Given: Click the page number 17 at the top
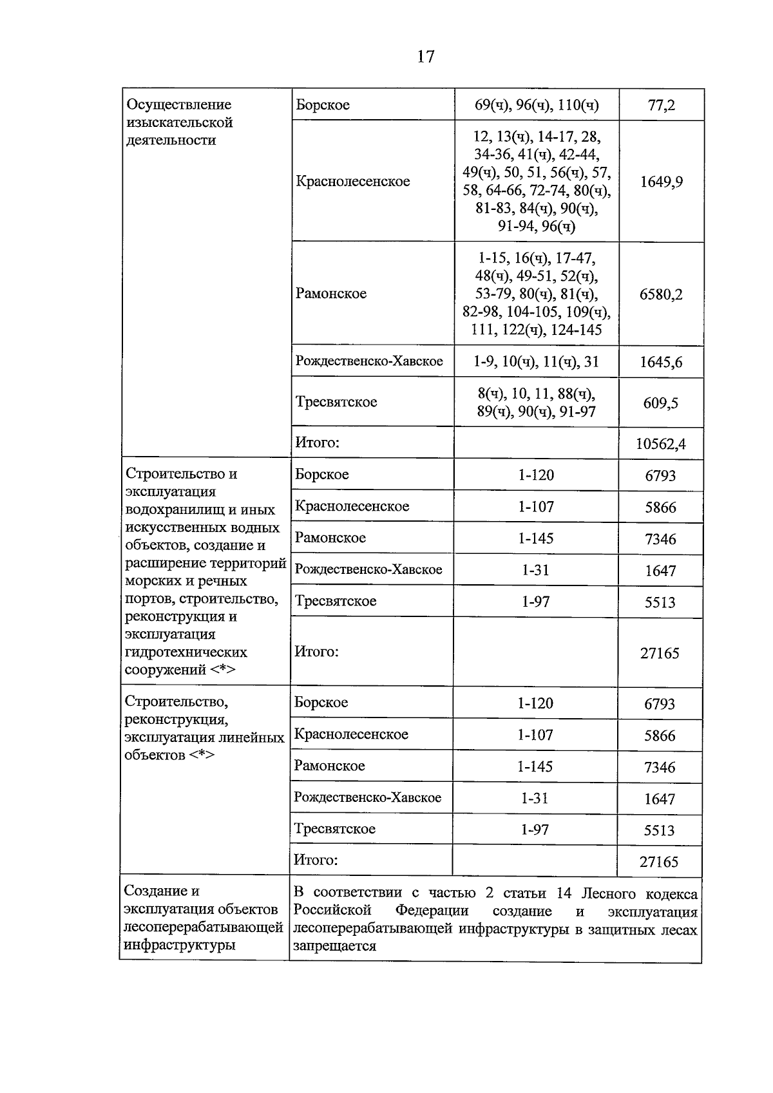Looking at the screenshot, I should (426, 57).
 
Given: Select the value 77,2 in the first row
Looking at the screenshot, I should (661, 105).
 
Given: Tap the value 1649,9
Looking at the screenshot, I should (661, 182).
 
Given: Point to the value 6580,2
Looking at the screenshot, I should (661, 294).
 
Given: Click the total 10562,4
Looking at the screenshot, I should (661, 444).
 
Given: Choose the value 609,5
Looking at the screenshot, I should (661, 403).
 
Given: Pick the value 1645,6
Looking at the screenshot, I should (661, 363).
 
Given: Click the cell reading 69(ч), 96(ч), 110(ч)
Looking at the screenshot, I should (537, 105).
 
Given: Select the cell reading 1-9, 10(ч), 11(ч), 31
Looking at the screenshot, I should (536, 362).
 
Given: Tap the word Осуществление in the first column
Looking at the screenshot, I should (178, 104).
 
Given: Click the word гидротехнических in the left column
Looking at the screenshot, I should (186, 652).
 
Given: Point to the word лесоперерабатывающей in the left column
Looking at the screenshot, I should (204, 927).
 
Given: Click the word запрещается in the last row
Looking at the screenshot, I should (334, 946).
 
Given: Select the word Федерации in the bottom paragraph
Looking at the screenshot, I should (432, 911).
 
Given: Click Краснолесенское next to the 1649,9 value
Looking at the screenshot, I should (352, 182).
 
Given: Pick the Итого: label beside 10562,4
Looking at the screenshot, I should (317, 442).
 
